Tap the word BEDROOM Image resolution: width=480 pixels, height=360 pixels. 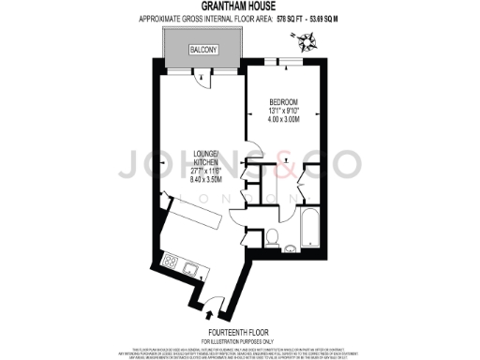pos(283,101)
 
